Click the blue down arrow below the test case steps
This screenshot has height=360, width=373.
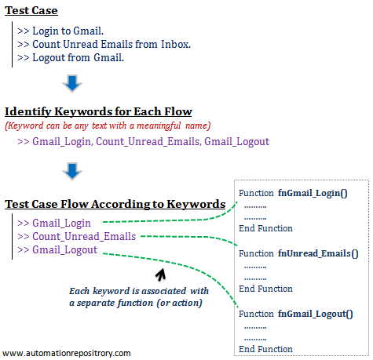(71, 83)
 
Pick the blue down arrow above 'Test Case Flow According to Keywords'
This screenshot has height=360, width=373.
(71, 170)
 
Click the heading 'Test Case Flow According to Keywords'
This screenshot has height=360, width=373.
(115, 204)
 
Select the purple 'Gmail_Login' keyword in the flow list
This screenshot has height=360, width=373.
(62, 223)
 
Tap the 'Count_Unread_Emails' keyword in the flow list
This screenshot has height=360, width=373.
(84, 236)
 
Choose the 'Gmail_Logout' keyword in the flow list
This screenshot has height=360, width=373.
(64, 249)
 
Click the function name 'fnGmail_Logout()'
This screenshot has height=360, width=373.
(315, 314)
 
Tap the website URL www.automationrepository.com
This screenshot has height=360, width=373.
(67, 353)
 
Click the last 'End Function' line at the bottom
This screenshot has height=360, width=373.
(265, 349)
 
